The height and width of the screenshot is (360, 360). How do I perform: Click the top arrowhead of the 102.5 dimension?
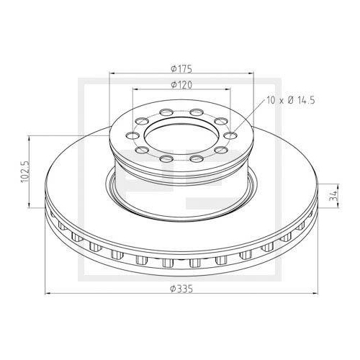coord(30,138)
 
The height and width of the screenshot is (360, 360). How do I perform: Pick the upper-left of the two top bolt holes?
coord(166,112)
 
